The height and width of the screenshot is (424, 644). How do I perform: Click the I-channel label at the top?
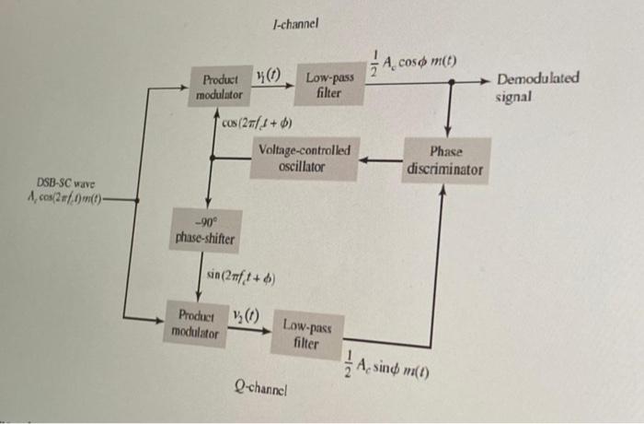tap(295, 26)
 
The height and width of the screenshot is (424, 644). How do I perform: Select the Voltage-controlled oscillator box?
tap(304, 159)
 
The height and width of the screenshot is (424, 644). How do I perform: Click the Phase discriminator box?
tap(445, 159)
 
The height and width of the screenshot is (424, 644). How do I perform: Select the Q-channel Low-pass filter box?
tap(306, 334)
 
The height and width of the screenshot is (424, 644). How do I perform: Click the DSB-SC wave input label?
tap(66, 192)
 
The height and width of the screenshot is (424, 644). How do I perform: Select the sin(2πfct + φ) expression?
tap(243, 275)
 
